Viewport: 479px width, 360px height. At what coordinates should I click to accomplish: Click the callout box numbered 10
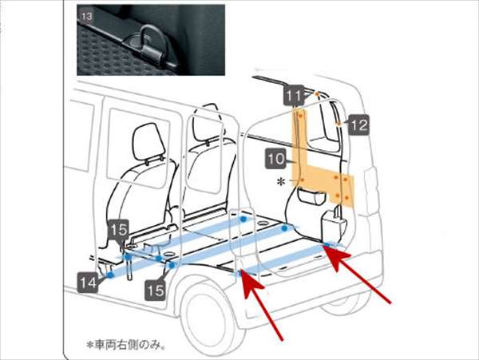pos(276,159)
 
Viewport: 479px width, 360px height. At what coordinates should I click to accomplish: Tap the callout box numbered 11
pos(294,95)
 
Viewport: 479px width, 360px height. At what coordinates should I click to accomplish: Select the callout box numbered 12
pos(358,125)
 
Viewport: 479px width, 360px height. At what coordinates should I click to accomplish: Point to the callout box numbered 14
pos(88,283)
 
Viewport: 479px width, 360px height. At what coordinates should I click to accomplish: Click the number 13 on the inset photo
pos(86,16)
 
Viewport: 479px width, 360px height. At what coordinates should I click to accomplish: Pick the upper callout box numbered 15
pos(119,230)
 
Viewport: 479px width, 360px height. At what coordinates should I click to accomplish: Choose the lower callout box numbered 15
pos(155,291)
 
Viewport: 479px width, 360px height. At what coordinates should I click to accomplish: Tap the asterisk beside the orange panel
pos(280,182)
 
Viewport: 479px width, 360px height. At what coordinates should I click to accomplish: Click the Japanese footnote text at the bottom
pos(126,345)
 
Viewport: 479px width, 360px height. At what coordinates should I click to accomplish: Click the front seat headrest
pos(148,142)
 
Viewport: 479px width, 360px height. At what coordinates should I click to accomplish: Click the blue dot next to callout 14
pos(110,275)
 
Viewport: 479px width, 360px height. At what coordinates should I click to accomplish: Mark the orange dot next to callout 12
pos(338,124)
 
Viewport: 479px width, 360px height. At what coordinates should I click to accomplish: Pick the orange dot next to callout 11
pos(318,93)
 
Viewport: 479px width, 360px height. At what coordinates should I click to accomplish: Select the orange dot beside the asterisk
pos(302,180)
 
